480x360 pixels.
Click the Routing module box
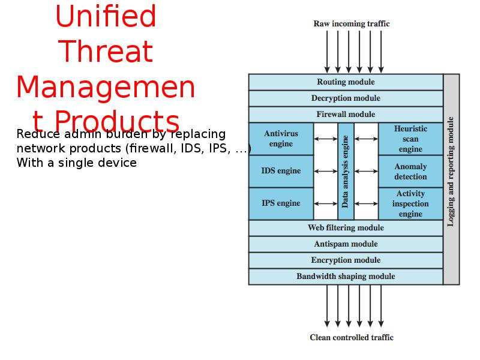pos(346,82)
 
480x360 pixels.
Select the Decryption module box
pos(346,98)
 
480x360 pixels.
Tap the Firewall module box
pos(346,115)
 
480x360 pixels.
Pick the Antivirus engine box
pos(281,139)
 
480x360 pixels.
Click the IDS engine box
pos(281,171)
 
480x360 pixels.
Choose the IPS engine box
pos(281,203)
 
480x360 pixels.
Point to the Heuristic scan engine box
pos(410,139)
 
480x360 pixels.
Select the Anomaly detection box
pos(410,172)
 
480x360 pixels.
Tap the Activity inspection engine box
pos(410,204)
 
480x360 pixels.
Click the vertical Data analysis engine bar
pos(346,171)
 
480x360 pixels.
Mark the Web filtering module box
pos(346,228)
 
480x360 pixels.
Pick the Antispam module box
pos(346,244)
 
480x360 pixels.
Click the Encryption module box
pos(346,260)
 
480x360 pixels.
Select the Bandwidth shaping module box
pos(346,277)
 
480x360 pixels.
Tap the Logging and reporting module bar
pos(451,179)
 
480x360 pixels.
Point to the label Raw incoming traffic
pos(352,24)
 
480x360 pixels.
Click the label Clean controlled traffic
pos(352,337)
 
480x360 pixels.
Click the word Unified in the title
pos(106,17)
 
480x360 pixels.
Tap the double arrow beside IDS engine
pos(326,171)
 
